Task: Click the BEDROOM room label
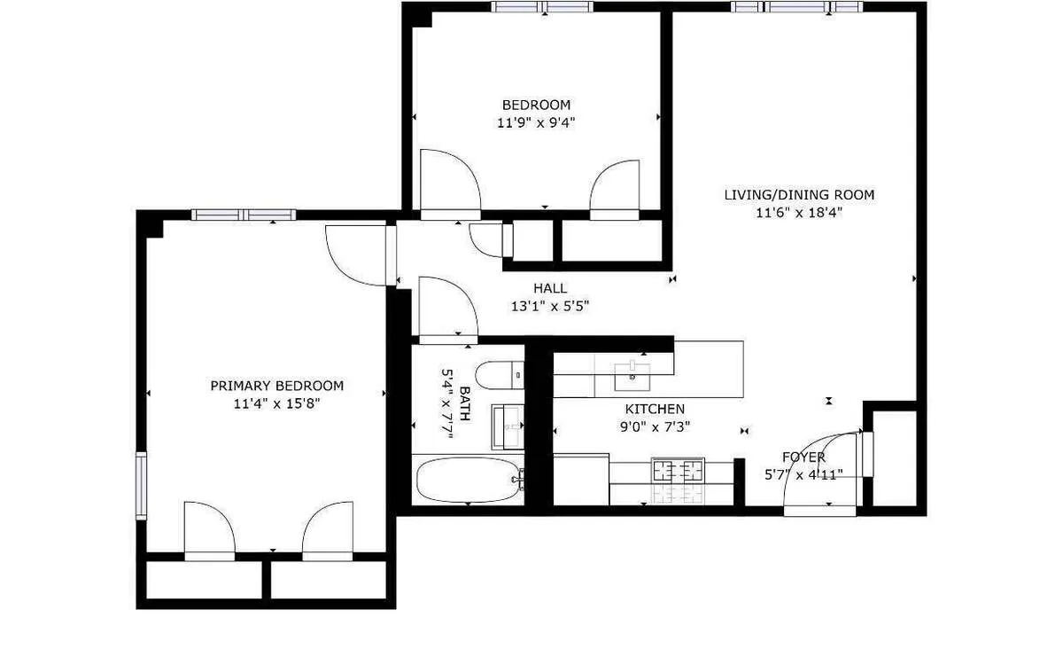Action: tap(535, 105)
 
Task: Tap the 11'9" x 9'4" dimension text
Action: tap(536, 123)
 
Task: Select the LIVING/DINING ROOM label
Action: tap(799, 195)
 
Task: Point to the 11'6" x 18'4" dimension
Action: tap(799, 213)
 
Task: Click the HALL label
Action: tap(549, 288)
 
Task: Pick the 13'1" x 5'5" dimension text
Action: tap(549, 306)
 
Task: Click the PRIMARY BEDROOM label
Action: tap(276, 386)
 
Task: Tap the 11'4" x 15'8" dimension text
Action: tap(276, 403)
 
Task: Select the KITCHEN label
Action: tap(655, 409)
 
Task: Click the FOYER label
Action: tap(803, 457)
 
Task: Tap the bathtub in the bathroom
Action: tap(468, 480)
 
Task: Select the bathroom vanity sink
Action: tap(508, 426)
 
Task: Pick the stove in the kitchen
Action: tap(678, 479)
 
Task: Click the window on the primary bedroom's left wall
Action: tap(140, 485)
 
